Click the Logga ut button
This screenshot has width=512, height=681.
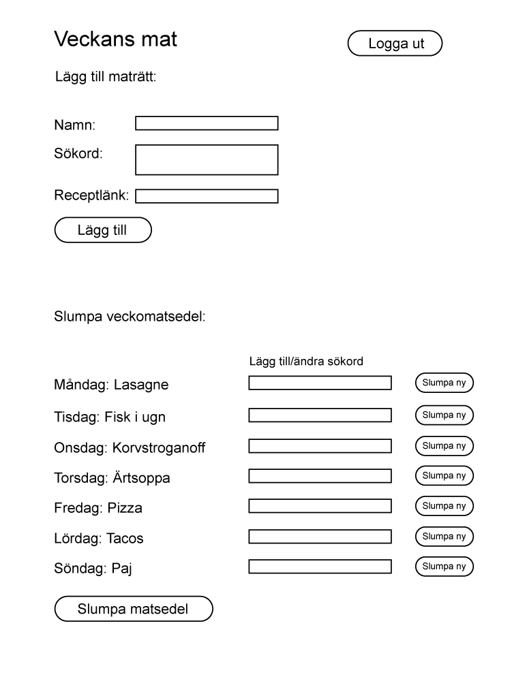coord(395,43)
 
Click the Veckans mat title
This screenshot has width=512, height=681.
coord(115,39)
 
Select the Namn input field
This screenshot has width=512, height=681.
coord(207,123)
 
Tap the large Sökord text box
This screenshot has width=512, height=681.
coord(207,159)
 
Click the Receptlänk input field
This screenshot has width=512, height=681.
coord(207,196)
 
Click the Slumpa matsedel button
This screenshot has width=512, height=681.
coord(134,609)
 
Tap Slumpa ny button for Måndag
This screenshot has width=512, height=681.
coord(444,383)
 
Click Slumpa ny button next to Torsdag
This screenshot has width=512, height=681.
coord(444,476)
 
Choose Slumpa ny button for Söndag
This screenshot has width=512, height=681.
coord(444,567)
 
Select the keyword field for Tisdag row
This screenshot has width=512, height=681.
coord(320,415)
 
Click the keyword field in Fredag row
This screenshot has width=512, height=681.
coord(320,506)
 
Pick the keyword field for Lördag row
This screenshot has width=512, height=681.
coord(320,537)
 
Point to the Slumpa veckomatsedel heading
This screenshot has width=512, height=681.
coord(130,317)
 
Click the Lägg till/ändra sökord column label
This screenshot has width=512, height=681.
coord(306,362)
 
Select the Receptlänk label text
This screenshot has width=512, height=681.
coord(91,195)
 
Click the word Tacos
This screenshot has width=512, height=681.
coord(125,539)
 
